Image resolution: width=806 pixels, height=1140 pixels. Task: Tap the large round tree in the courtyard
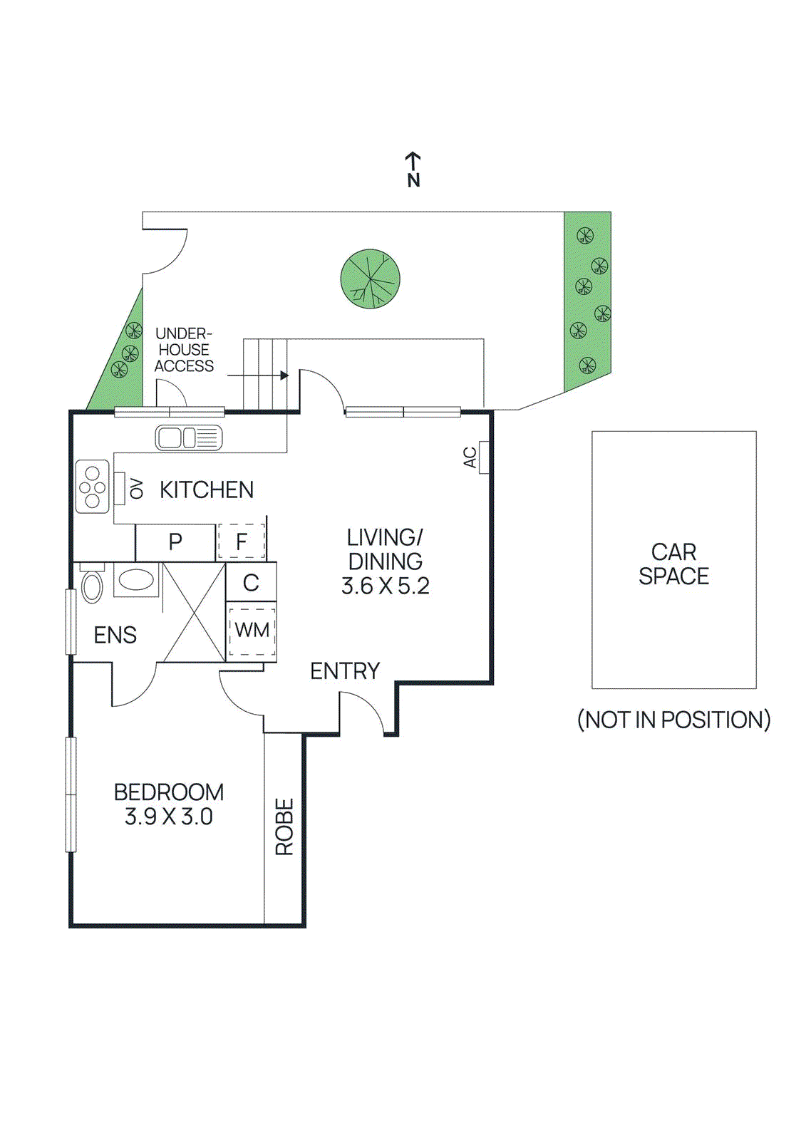tap(370, 279)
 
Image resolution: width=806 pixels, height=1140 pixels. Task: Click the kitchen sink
tap(189, 437)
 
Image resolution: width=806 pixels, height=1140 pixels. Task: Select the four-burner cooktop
tap(93, 487)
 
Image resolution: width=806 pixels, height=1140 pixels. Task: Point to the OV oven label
tap(137, 489)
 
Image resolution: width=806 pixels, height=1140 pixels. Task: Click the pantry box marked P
tap(175, 542)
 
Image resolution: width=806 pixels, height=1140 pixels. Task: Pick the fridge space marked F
tap(242, 542)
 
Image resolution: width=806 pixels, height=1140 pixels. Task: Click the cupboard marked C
tap(251, 583)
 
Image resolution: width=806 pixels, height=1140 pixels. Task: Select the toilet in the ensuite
tap(92, 584)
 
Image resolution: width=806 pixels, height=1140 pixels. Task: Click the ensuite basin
tap(136, 579)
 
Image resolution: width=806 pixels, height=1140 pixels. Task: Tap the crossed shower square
tap(195, 612)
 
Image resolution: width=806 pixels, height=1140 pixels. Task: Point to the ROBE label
tap(284, 826)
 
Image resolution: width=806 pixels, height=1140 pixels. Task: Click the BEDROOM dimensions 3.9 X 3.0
tap(169, 817)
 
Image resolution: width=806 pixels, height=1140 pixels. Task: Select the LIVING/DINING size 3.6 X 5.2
tap(385, 586)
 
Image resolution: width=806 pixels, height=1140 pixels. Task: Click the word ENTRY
tap(345, 671)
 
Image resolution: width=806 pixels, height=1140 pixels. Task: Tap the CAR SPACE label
tap(673, 564)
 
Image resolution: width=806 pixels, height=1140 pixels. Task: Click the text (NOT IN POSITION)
tap(673, 720)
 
